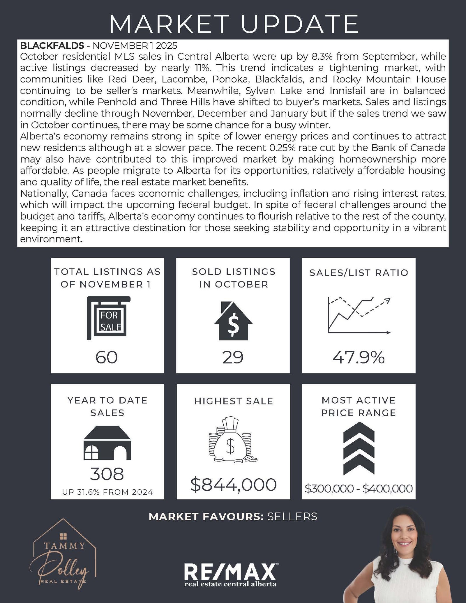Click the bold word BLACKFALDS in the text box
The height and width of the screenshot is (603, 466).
point(52,46)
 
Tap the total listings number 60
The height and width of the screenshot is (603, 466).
point(107,357)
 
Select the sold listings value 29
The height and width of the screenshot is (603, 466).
point(233,357)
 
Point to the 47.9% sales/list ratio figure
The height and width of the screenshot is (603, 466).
point(359,357)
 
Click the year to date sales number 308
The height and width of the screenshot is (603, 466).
point(107,474)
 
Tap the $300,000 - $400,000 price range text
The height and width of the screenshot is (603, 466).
point(359,488)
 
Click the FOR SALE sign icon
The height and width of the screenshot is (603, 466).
point(109,318)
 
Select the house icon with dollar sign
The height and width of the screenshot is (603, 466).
point(233,321)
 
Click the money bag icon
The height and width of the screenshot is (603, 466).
point(233,440)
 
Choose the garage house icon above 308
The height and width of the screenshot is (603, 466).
point(107,443)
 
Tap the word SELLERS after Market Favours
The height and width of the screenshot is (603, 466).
point(292,517)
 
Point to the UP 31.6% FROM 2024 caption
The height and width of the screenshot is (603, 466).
point(107,492)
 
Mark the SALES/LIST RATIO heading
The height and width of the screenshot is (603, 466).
point(359,273)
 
